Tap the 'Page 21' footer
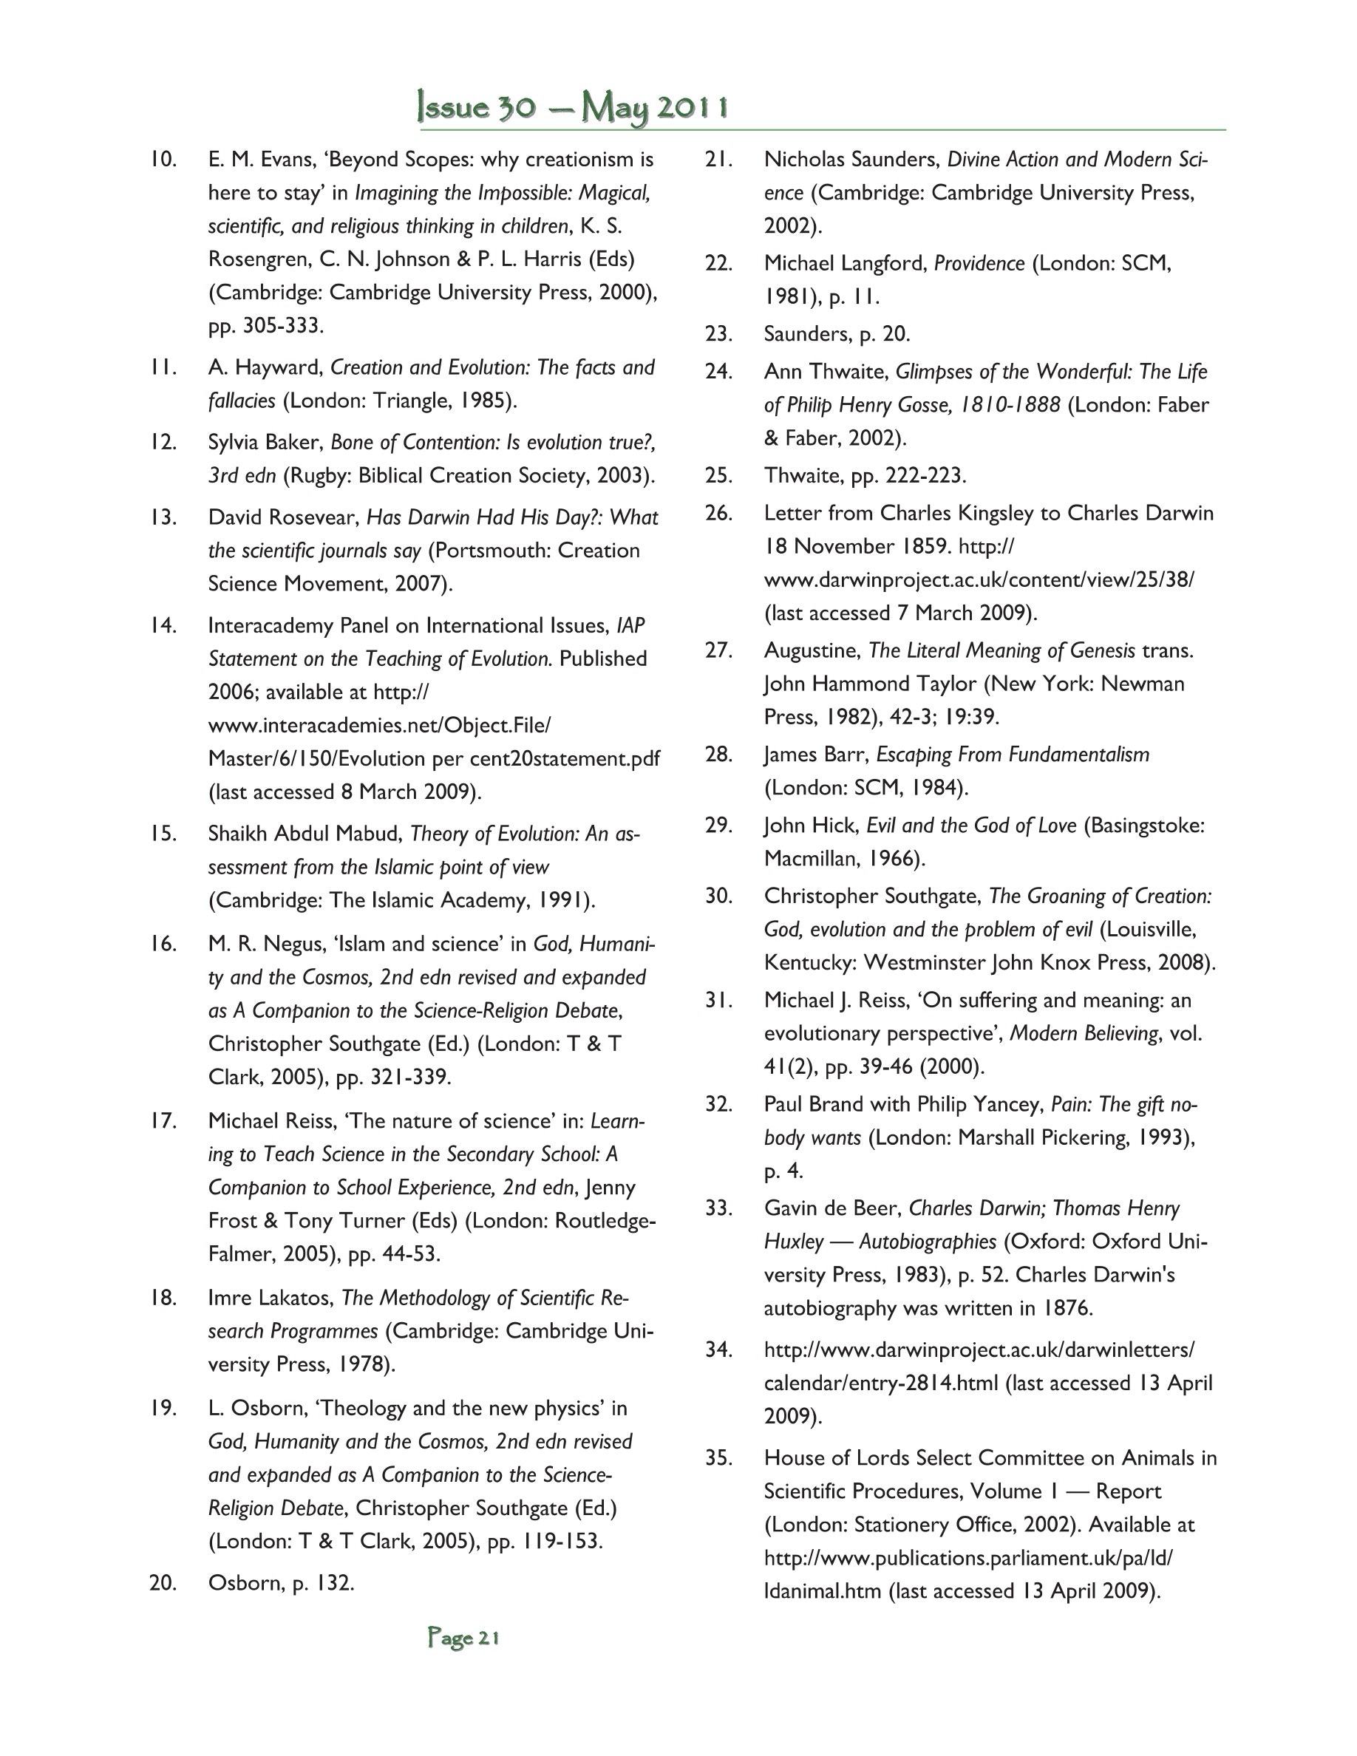click(464, 1638)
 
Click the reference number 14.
click(163, 625)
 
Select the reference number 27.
click(718, 650)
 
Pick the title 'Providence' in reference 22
click(979, 264)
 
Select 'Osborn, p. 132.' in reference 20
click(282, 1583)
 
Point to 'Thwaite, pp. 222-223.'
click(865, 476)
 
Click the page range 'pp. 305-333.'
click(266, 327)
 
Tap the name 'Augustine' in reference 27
click(812, 650)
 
